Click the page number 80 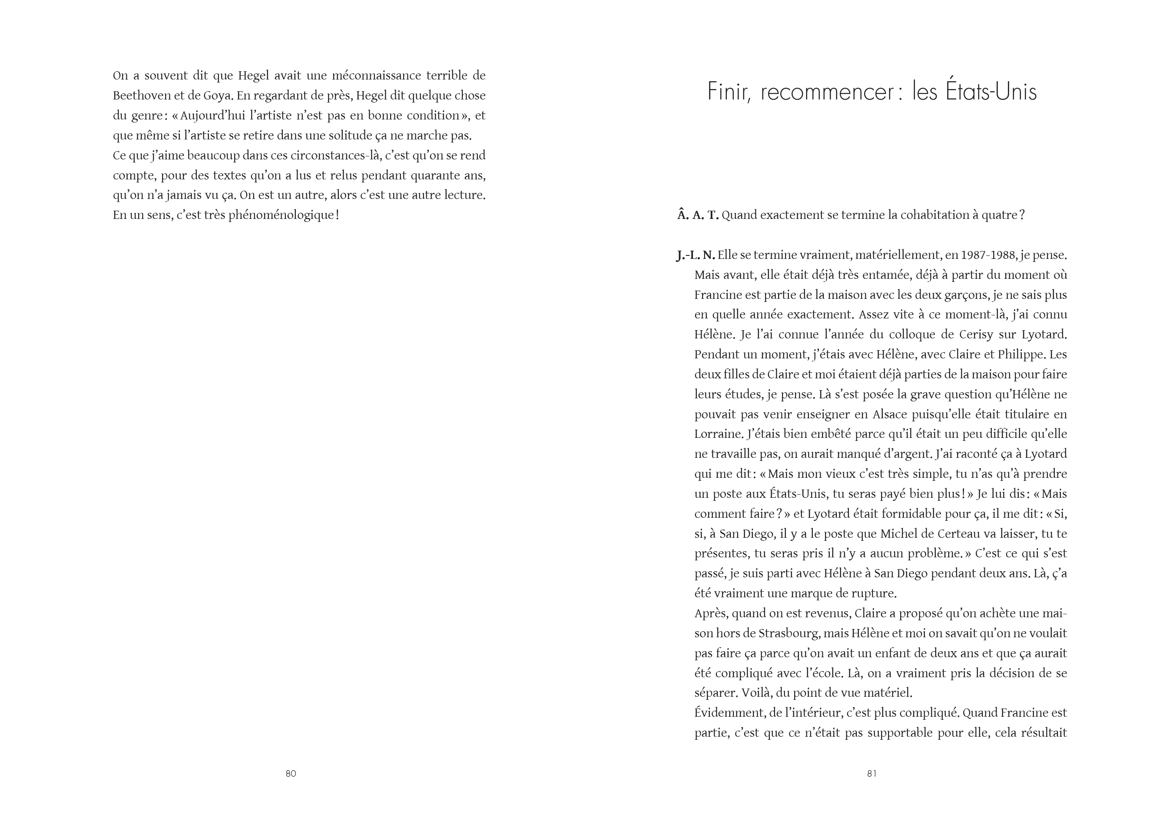(x=291, y=773)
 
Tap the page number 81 (x=872, y=773)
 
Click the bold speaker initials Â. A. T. (x=698, y=215)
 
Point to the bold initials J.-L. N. (x=696, y=255)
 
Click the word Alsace (x=889, y=414)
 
